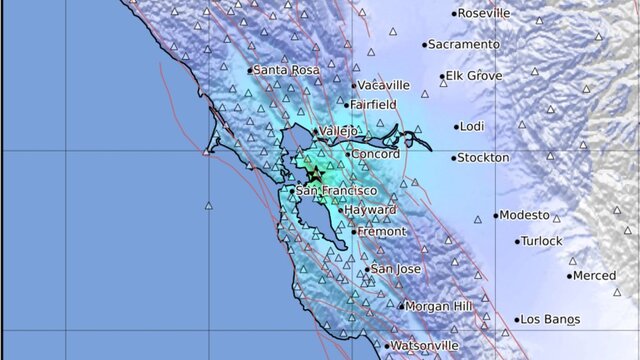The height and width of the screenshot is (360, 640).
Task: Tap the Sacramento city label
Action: click(464, 44)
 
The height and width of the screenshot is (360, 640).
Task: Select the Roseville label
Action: click(485, 13)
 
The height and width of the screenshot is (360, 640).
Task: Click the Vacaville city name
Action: click(383, 85)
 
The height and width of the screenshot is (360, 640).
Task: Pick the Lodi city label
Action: click(473, 127)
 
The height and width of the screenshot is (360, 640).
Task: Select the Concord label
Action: click(377, 155)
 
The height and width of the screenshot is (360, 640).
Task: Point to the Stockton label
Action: click(483, 158)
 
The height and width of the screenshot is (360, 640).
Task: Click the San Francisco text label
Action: click(336, 190)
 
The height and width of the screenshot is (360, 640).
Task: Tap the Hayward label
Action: click(370, 210)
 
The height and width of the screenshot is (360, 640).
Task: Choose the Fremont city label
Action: click(382, 231)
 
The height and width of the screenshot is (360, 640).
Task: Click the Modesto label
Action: click(524, 215)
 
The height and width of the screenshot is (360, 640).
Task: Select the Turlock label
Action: click(543, 241)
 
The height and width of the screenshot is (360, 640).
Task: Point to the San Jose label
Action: click(394, 269)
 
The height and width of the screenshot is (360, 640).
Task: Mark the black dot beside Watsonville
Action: click(386, 346)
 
